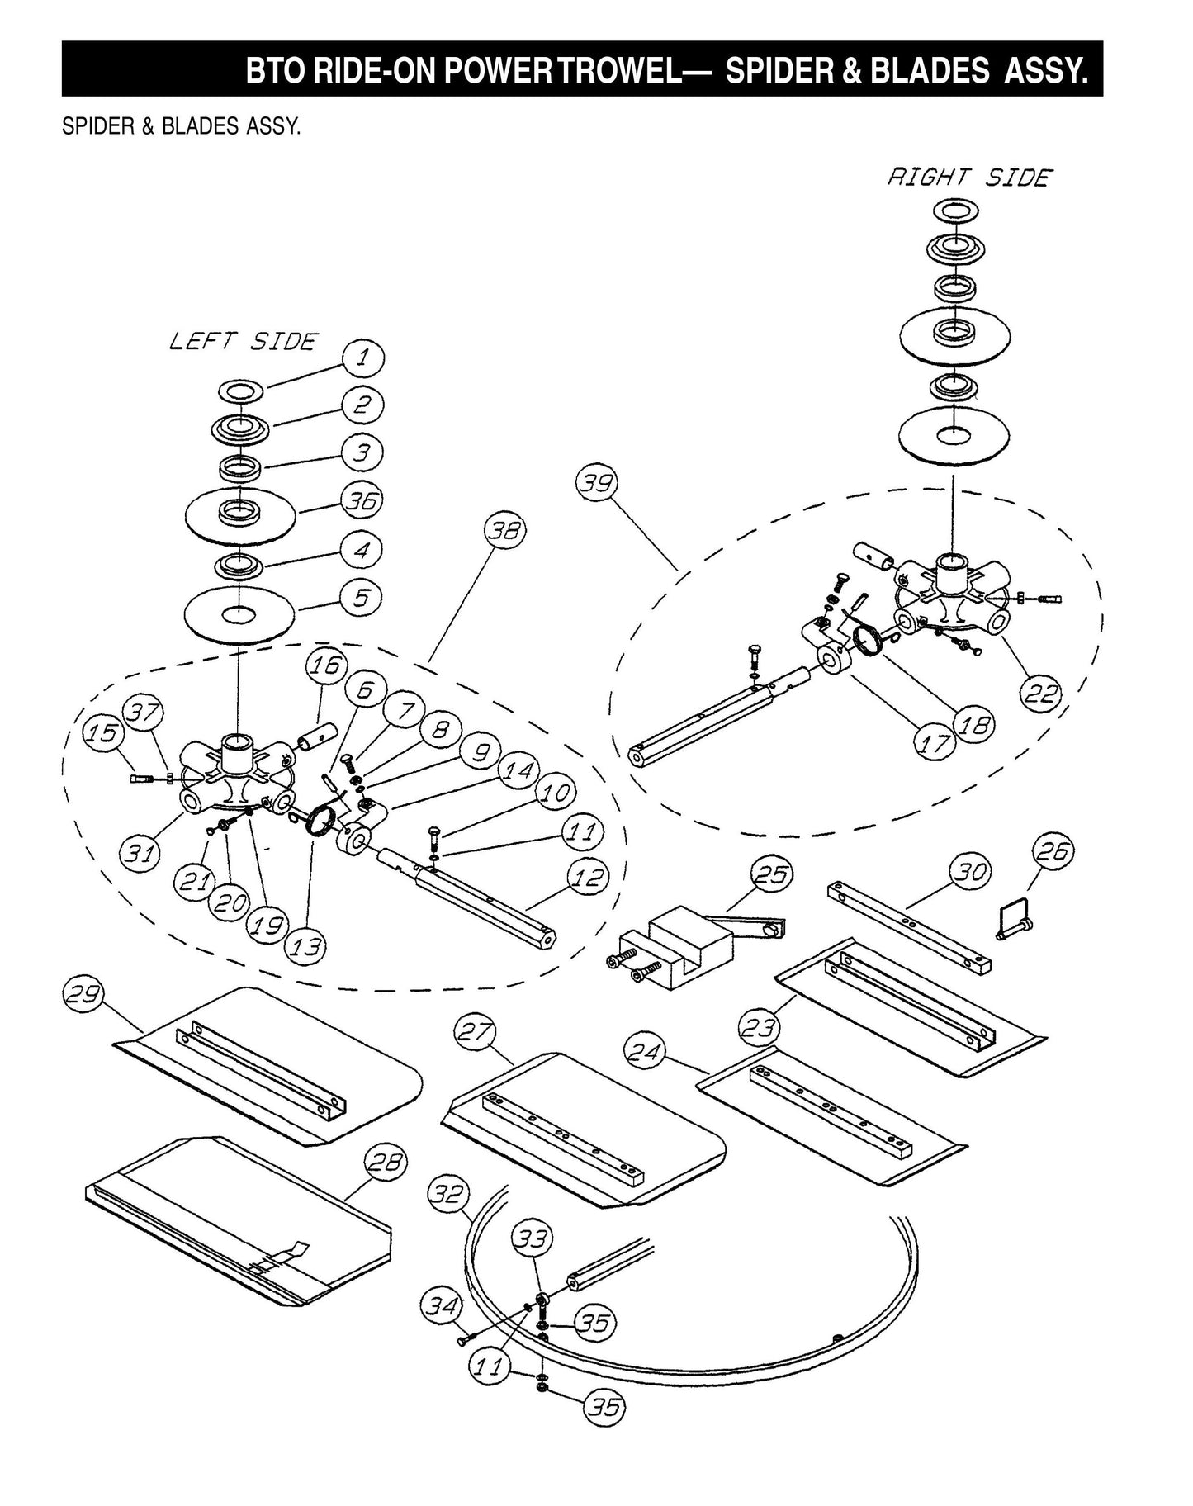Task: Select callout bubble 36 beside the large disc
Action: click(x=362, y=500)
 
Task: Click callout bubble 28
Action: click(x=386, y=1164)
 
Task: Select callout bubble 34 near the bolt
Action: click(x=442, y=1306)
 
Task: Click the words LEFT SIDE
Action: click(x=243, y=341)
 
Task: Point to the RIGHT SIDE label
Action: click(x=969, y=178)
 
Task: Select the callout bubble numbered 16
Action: click(x=326, y=665)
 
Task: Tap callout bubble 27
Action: click(x=476, y=1032)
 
